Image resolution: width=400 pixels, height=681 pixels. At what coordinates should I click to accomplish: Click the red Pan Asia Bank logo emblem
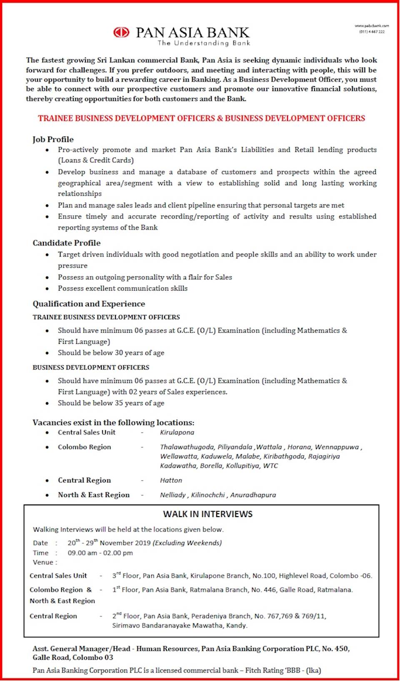(121, 32)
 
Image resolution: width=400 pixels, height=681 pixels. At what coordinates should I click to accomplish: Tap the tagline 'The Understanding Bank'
(204, 43)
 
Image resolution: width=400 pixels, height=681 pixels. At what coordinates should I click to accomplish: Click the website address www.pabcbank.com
(372, 26)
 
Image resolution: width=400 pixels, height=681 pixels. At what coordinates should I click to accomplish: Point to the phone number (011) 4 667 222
(372, 32)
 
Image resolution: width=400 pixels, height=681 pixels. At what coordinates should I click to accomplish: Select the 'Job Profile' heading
(53, 139)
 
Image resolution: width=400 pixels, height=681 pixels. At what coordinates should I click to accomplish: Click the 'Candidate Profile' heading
(67, 243)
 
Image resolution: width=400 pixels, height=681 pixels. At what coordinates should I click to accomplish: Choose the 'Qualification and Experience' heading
(89, 303)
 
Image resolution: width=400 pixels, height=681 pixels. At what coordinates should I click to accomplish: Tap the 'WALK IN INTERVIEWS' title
(207, 514)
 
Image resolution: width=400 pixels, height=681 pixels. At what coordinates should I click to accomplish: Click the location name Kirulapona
(177, 432)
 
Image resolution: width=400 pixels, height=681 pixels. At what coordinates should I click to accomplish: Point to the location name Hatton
(171, 480)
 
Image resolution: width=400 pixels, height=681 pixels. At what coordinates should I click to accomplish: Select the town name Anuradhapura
(253, 495)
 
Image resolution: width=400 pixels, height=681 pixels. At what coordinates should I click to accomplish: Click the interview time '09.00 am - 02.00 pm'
(100, 553)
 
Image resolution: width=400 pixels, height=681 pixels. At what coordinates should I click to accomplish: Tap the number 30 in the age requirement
(119, 353)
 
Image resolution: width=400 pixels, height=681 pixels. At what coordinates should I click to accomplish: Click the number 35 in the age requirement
(119, 403)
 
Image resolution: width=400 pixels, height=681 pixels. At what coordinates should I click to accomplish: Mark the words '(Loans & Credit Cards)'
(96, 160)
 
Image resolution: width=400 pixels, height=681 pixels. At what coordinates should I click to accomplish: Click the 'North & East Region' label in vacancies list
(94, 495)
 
